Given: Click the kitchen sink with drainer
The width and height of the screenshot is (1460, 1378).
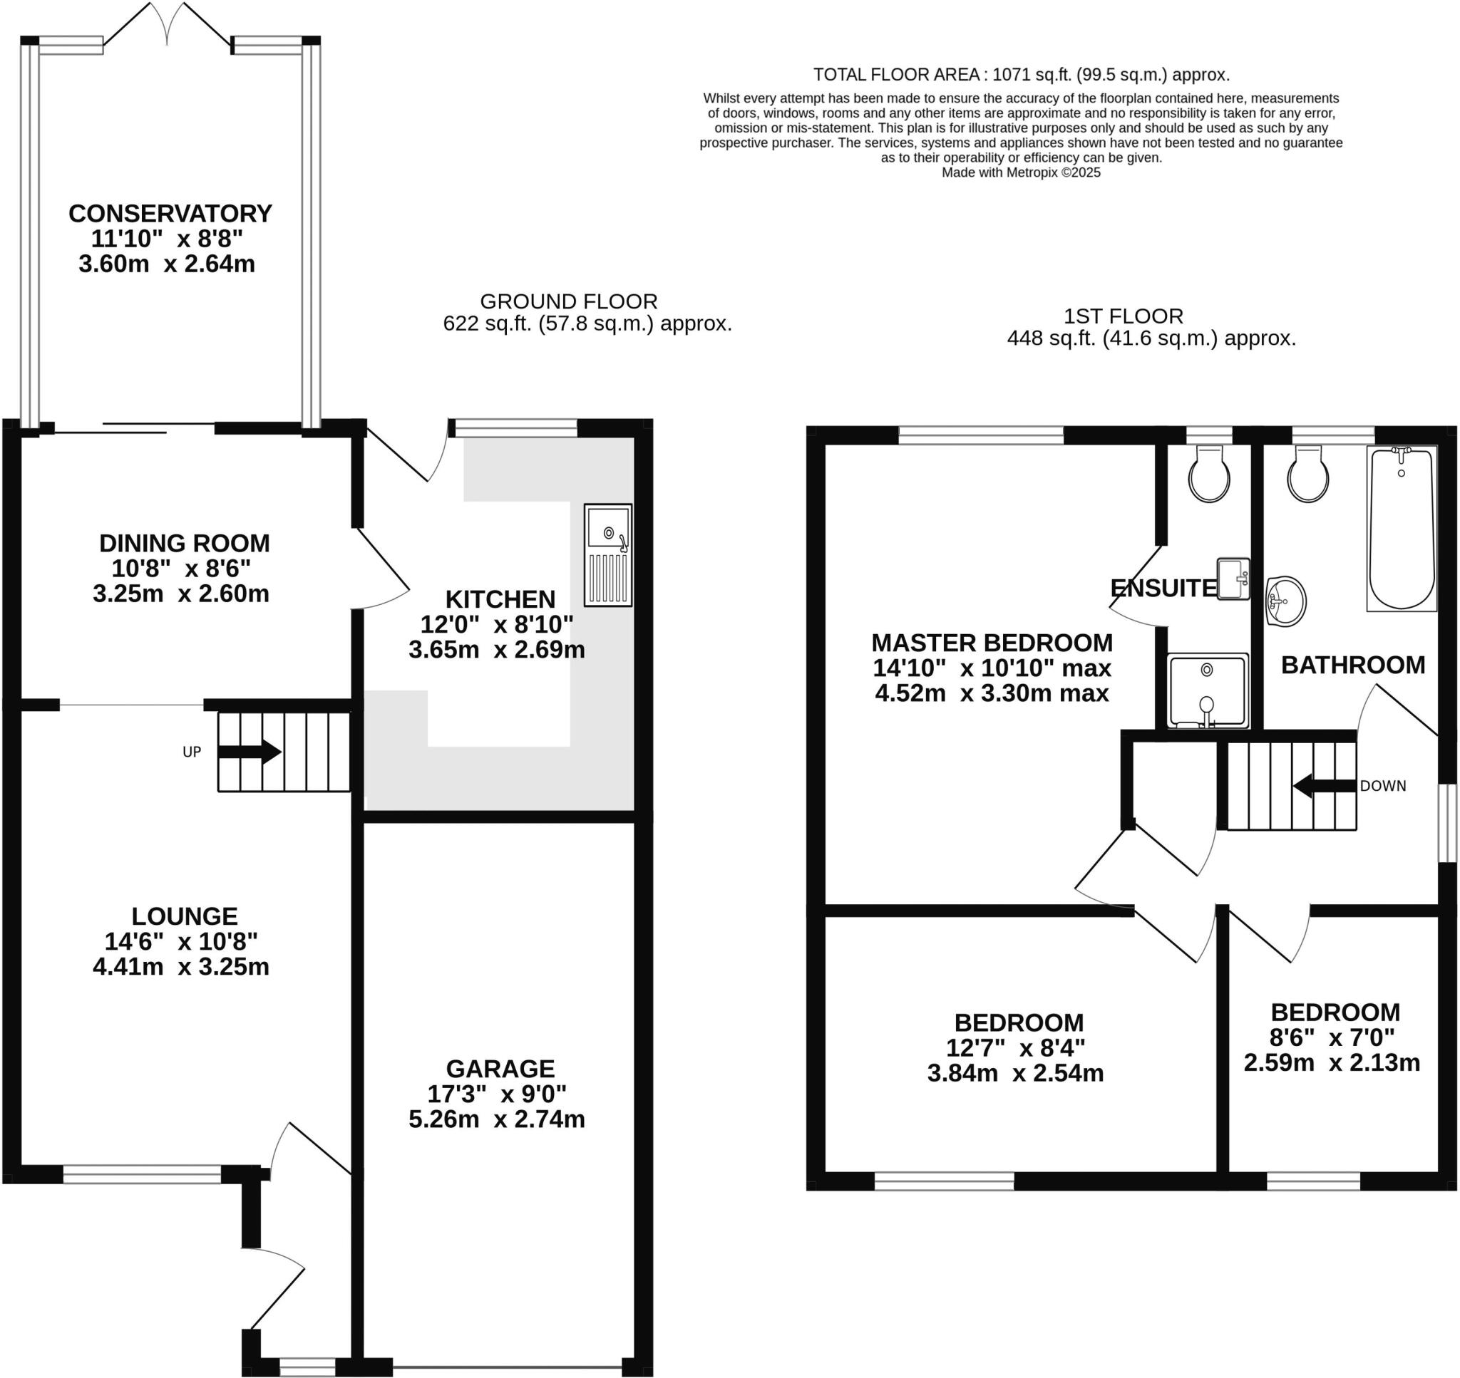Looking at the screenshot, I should (607, 554).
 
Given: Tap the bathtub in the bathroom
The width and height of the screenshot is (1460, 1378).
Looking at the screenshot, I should (1402, 529).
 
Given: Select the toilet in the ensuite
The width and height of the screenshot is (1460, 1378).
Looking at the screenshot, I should (1209, 475).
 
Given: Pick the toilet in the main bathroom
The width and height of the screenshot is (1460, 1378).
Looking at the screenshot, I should (1308, 475).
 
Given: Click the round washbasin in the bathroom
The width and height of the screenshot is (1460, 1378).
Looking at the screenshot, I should (1285, 601).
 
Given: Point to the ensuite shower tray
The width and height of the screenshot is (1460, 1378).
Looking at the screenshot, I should (1208, 691).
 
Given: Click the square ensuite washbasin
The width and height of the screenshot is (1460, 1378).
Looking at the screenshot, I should (1233, 579).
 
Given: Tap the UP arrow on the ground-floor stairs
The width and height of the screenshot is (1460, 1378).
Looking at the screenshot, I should (250, 752).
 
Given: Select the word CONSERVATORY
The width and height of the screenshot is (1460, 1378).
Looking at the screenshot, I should (170, 214).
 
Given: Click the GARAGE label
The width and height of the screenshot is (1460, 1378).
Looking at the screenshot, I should (500, 1068).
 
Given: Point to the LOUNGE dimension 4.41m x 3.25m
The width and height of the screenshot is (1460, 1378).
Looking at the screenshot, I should (181, 967).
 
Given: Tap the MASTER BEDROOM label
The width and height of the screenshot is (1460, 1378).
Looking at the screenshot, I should (991, 643).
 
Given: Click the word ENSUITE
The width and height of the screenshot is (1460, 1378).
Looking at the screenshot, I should (1163, 589).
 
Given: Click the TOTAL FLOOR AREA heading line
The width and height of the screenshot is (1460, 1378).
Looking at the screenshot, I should (1021, 75).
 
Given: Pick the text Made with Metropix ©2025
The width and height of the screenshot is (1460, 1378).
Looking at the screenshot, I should (1021, 172).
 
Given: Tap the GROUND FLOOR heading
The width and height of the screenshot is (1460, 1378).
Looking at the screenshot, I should (568, 301).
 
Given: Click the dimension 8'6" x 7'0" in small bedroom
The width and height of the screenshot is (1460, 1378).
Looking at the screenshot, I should (1332, 1037).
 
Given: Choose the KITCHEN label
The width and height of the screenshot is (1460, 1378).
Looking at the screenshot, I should (500, 599).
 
